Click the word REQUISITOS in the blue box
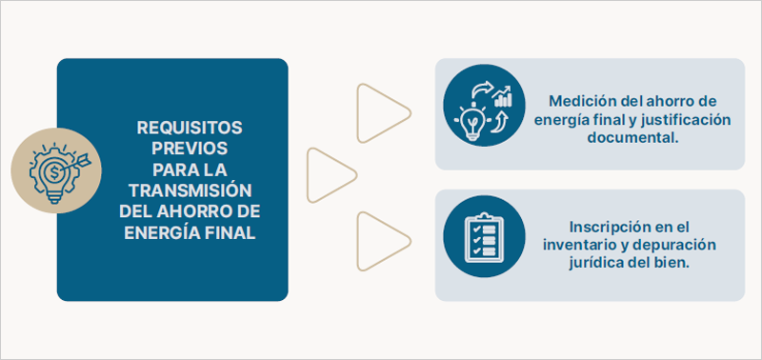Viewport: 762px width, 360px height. [x=190, y=126]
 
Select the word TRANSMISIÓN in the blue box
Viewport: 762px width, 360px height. [x=190, y=189]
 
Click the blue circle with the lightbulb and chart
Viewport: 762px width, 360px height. [x=484, y=106]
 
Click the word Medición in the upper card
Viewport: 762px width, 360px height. [x=580, y=101]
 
